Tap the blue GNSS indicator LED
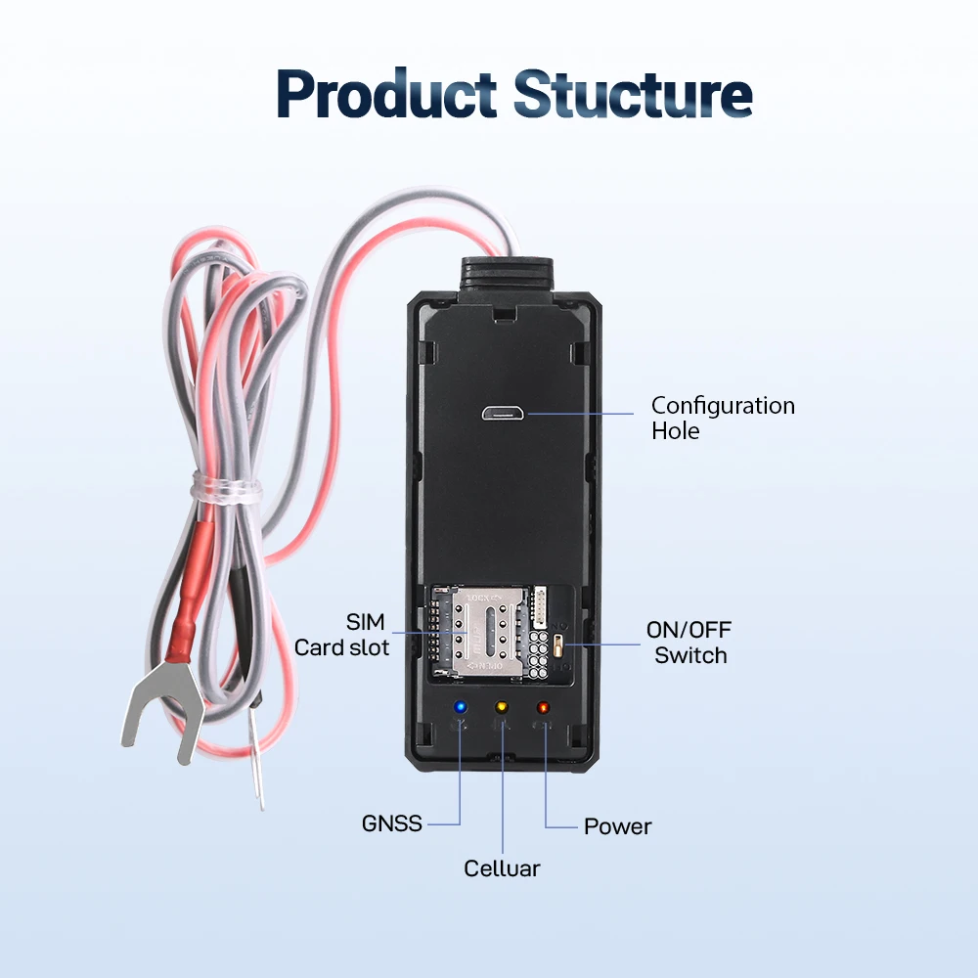pos(461,707)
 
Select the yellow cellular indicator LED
pos(502,707)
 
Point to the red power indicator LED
pos(543,707)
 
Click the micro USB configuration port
pos(504,413)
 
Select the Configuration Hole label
pos(723,418)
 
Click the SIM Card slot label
pos(341,635)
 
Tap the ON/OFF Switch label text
pos(689,643)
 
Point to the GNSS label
pos(392,823)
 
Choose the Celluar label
pos(502,868)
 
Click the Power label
pos(617,826)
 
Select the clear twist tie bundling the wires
pos(226,485)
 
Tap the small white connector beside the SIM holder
pos(539,607)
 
